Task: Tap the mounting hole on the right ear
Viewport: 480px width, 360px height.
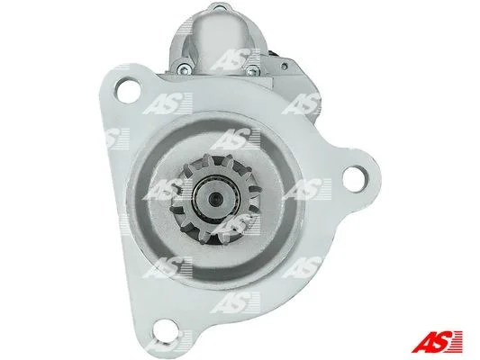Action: [x=355, y=178]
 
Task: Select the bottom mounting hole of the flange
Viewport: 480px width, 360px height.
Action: [x=166, y=328]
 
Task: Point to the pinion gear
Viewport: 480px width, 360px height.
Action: [x=213, y=199]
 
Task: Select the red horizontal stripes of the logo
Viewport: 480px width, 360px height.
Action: [x=457, y=341]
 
